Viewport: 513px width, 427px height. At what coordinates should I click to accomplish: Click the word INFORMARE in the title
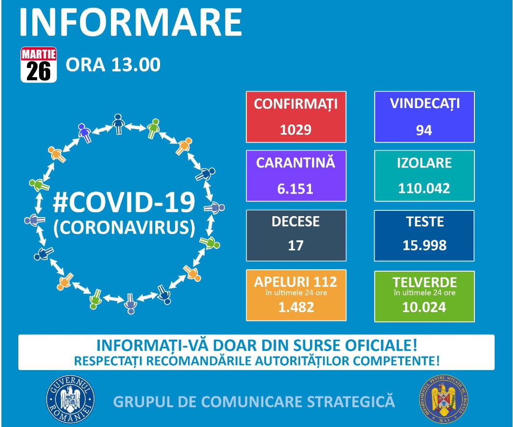(131, 22)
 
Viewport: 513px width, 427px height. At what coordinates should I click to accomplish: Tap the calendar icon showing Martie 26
(39, 65)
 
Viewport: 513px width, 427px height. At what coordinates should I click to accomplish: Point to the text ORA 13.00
(113, 65)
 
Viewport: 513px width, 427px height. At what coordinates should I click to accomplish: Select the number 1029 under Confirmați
(296, 130)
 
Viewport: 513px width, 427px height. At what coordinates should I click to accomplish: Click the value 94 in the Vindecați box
(424, 130)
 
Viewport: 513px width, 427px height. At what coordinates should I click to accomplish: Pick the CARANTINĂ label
(296, 163)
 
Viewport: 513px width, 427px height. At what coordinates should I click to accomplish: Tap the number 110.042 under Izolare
(424, 188)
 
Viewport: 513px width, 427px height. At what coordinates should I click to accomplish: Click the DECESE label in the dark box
(296, 221)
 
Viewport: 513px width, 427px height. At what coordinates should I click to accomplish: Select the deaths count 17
(296, 245)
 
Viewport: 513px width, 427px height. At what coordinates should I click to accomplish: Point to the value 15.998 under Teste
(424, 245)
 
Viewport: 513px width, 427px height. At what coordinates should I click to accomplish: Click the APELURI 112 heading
(296, 282)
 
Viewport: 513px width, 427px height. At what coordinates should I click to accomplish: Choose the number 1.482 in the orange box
(296, 307)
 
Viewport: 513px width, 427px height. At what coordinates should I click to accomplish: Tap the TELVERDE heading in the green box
(425, 282)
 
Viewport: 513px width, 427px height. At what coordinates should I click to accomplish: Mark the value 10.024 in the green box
(424, 307)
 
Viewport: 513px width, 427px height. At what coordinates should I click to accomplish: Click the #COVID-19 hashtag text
(124, 202)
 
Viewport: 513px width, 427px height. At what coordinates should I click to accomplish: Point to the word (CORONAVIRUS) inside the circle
(124, 227)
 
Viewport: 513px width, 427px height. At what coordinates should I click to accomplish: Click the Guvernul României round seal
(70, 399)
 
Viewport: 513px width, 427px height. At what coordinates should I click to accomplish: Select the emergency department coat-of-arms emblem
(443, 399)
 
